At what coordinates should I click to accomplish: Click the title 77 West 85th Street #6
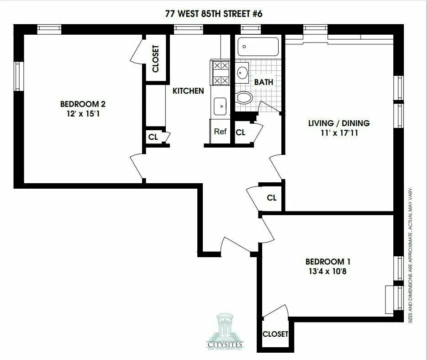tap(214, 14)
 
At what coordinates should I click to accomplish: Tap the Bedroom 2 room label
tap(80, 103)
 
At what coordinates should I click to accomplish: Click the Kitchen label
tap(188, 91)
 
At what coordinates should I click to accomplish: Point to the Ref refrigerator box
tap(221, 132)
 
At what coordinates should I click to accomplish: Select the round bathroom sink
tap(242, 72)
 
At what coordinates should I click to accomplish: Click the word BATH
tap(264, 82)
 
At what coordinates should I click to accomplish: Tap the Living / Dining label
tap(339, 123)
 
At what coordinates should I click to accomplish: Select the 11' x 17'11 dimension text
tap(339, 133)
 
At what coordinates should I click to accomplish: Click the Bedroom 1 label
tap(328, 262)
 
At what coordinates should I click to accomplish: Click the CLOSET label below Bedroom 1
tap(275, 334)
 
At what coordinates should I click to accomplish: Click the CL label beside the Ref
tap(241, 132)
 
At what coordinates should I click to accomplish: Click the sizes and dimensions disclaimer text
tap(410, 255)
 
